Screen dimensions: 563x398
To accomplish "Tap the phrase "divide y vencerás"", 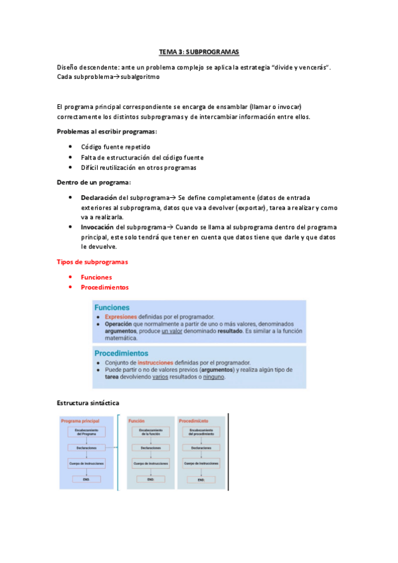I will click(298, 67).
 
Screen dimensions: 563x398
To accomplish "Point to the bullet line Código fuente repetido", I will click(116, 147).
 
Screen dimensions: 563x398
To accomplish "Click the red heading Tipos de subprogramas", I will click(92, 262).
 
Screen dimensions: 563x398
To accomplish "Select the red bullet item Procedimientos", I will click(104, 287).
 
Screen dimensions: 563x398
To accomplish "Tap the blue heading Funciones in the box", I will click(112, 307).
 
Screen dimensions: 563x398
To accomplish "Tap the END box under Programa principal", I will click(86, 479).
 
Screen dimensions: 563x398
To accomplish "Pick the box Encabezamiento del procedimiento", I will click(201, 433).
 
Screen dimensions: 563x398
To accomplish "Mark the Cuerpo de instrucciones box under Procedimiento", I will click(201, 463).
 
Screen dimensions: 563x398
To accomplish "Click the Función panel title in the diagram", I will click(137, 421).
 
